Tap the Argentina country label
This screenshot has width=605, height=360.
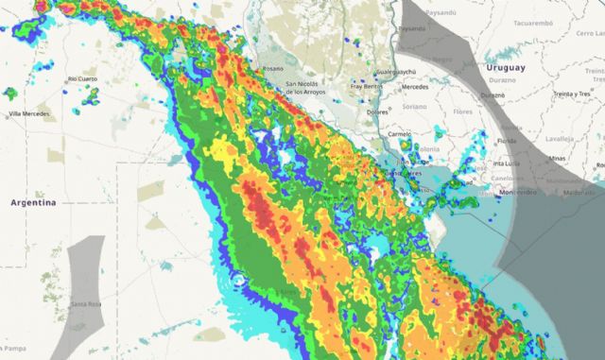[x=33, y=202]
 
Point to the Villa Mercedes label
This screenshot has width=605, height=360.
[x=28, y=114]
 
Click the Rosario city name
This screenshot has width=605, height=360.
[x=273, y=69]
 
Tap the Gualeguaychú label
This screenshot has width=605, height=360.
[x=396, y=72]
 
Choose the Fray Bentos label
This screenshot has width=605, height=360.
[x=366, y=86]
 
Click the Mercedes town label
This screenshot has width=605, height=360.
[x=415, y=86]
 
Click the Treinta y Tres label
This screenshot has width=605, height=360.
[x=572, y=94]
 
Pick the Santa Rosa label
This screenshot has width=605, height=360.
[x=86, y=303]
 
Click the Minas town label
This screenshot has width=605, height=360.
[x=559, y=159]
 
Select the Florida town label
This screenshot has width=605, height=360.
[x=508, y=140]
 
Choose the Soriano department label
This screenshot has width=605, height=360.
[x=416, y=107]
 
